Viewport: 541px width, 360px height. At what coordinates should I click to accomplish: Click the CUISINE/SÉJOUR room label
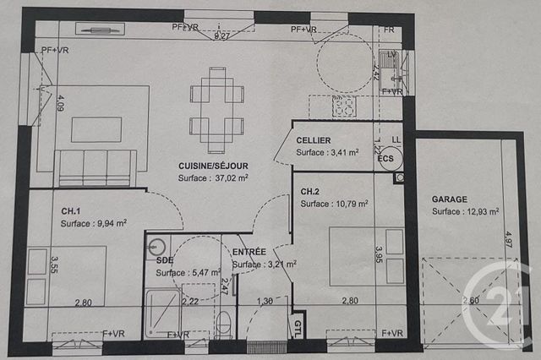213,166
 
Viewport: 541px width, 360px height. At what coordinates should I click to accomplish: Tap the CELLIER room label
314,139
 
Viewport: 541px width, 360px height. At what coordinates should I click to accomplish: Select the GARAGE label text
449,199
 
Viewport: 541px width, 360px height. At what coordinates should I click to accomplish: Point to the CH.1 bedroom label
70,210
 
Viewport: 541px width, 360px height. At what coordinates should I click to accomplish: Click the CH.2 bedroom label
310,192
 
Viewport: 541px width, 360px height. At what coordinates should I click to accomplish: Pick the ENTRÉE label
249,252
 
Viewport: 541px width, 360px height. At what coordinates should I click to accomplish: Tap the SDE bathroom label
165,260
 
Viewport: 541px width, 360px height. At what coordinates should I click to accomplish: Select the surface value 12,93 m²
478,212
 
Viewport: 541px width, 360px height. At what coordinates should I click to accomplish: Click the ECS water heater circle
385,159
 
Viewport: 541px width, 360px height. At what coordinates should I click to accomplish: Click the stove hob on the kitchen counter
342,106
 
